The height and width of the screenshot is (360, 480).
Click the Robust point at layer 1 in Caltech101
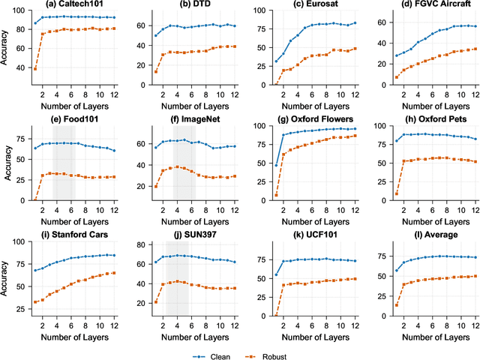35,68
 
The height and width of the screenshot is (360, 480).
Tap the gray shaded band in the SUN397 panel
177,278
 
